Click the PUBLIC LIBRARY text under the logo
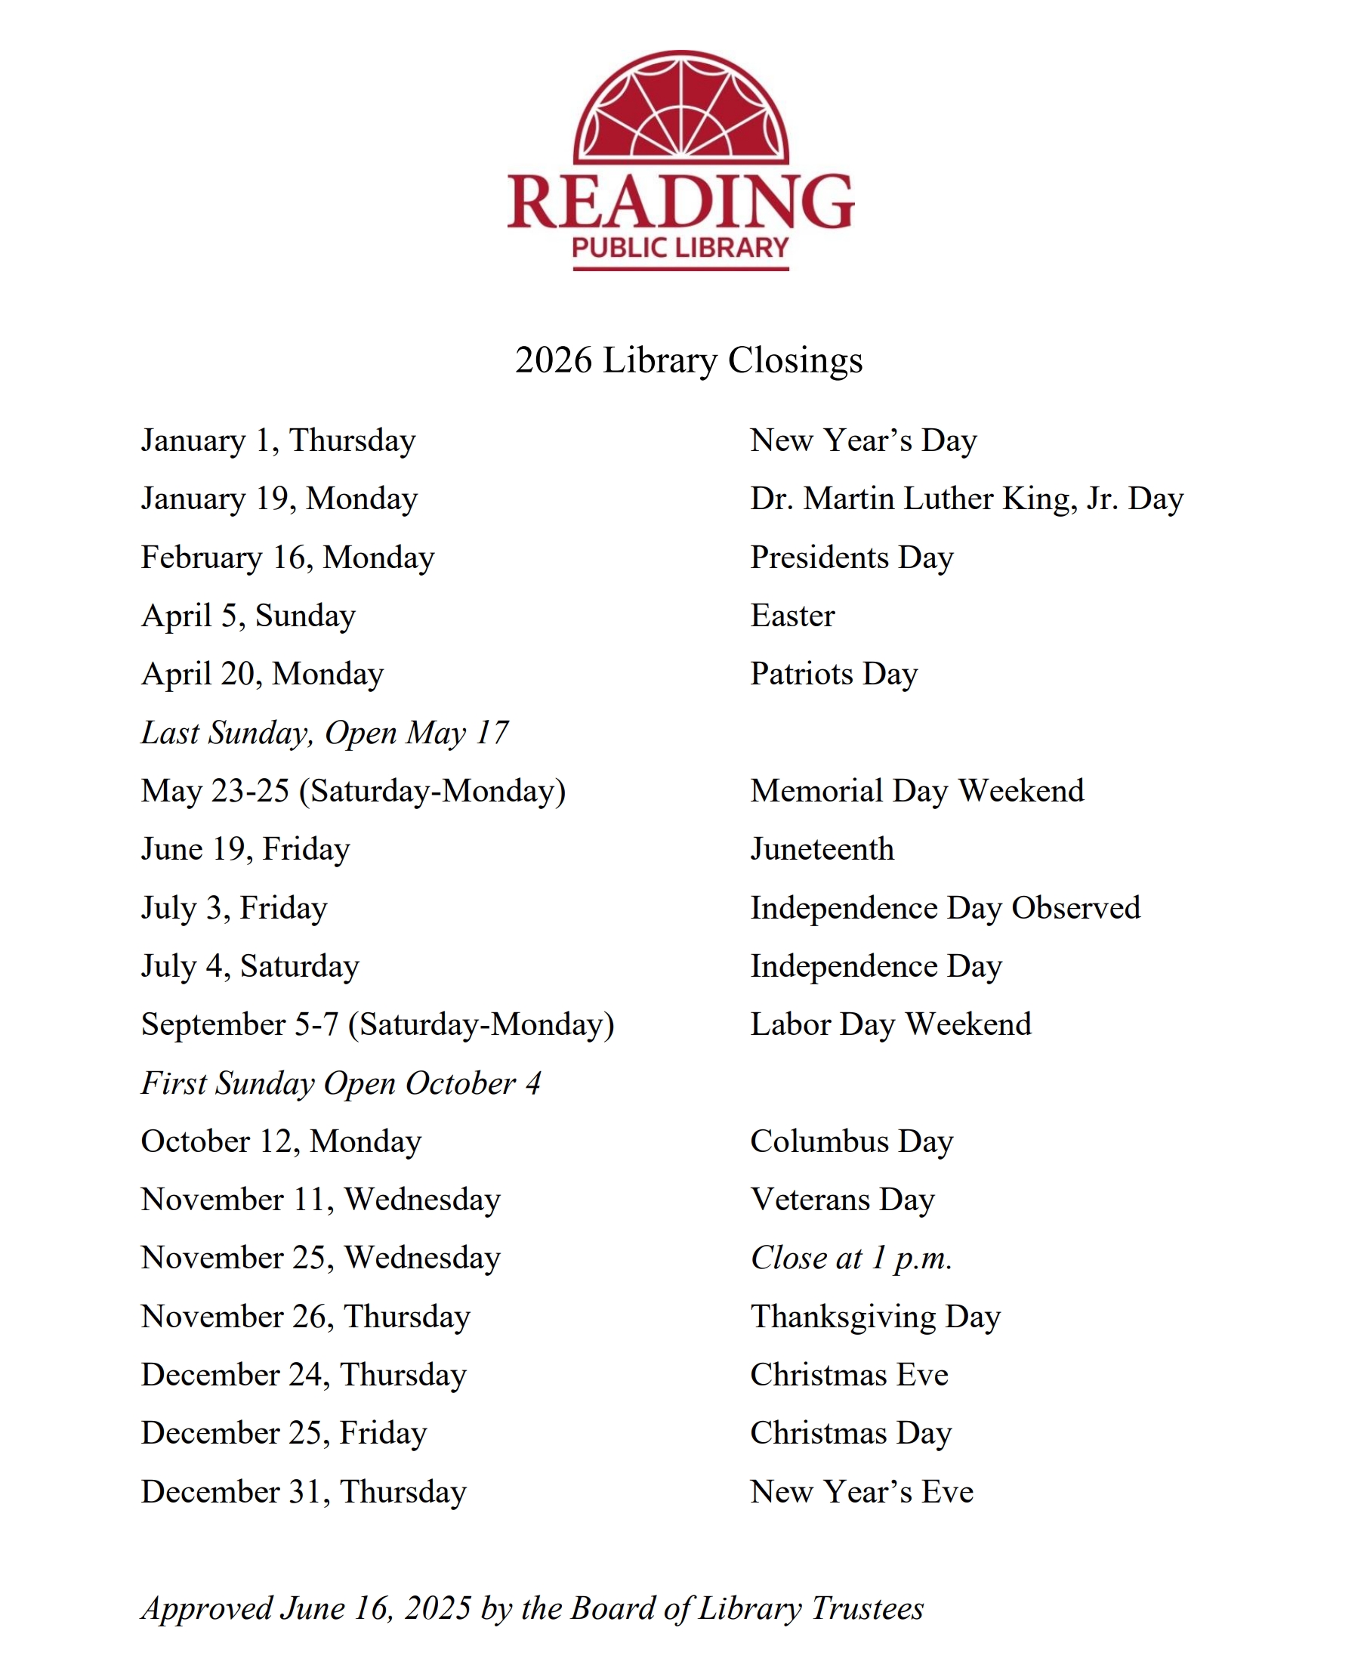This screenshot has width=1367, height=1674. point(680,248)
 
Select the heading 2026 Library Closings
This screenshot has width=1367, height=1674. point(689,360)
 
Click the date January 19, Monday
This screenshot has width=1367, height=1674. point(279,499)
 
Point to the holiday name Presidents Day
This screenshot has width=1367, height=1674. point(851,557)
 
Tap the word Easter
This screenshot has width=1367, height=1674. point(792,616)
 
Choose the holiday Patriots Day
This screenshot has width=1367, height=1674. point(834,674)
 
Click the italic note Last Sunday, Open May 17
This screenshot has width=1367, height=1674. point(325,733)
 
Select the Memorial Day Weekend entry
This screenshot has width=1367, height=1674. point(917,792)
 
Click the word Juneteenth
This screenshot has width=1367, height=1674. point(822,850)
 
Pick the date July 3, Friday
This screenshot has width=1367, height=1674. point(234,908)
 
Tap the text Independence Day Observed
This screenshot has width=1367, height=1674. point(945,908)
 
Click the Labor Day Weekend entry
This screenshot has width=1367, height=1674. point(890,1024)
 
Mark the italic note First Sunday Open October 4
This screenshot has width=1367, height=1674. point(341,1083)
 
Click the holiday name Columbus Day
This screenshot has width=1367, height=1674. point(851,1141)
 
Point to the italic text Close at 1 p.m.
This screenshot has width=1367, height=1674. point(851,1259)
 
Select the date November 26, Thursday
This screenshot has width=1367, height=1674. point(306,1317)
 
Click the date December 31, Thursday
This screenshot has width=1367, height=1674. point(304,1492)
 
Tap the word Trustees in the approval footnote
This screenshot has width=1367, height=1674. point(867,1608)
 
